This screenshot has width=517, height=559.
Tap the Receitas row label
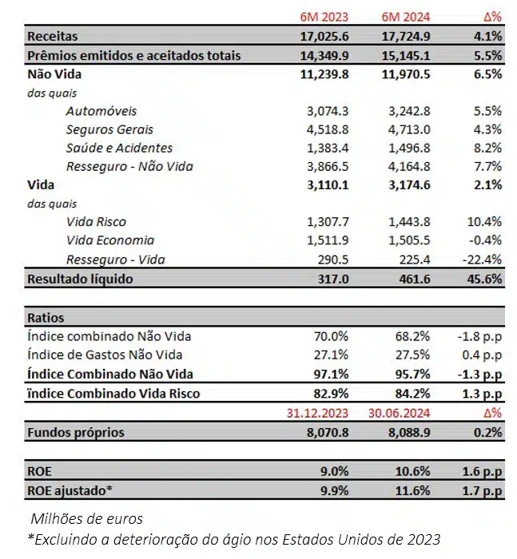[x=52, y=37]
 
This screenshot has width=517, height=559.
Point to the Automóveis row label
[x=101, y=111]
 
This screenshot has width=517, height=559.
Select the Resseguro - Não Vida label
[x=129, y=166]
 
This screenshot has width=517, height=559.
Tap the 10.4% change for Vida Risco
[x=483, y=222]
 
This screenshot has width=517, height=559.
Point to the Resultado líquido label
[x=80, y=279]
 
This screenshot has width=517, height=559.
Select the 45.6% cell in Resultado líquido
[x=483, y=279]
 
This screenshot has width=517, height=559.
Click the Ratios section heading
[x=46, y=317]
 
